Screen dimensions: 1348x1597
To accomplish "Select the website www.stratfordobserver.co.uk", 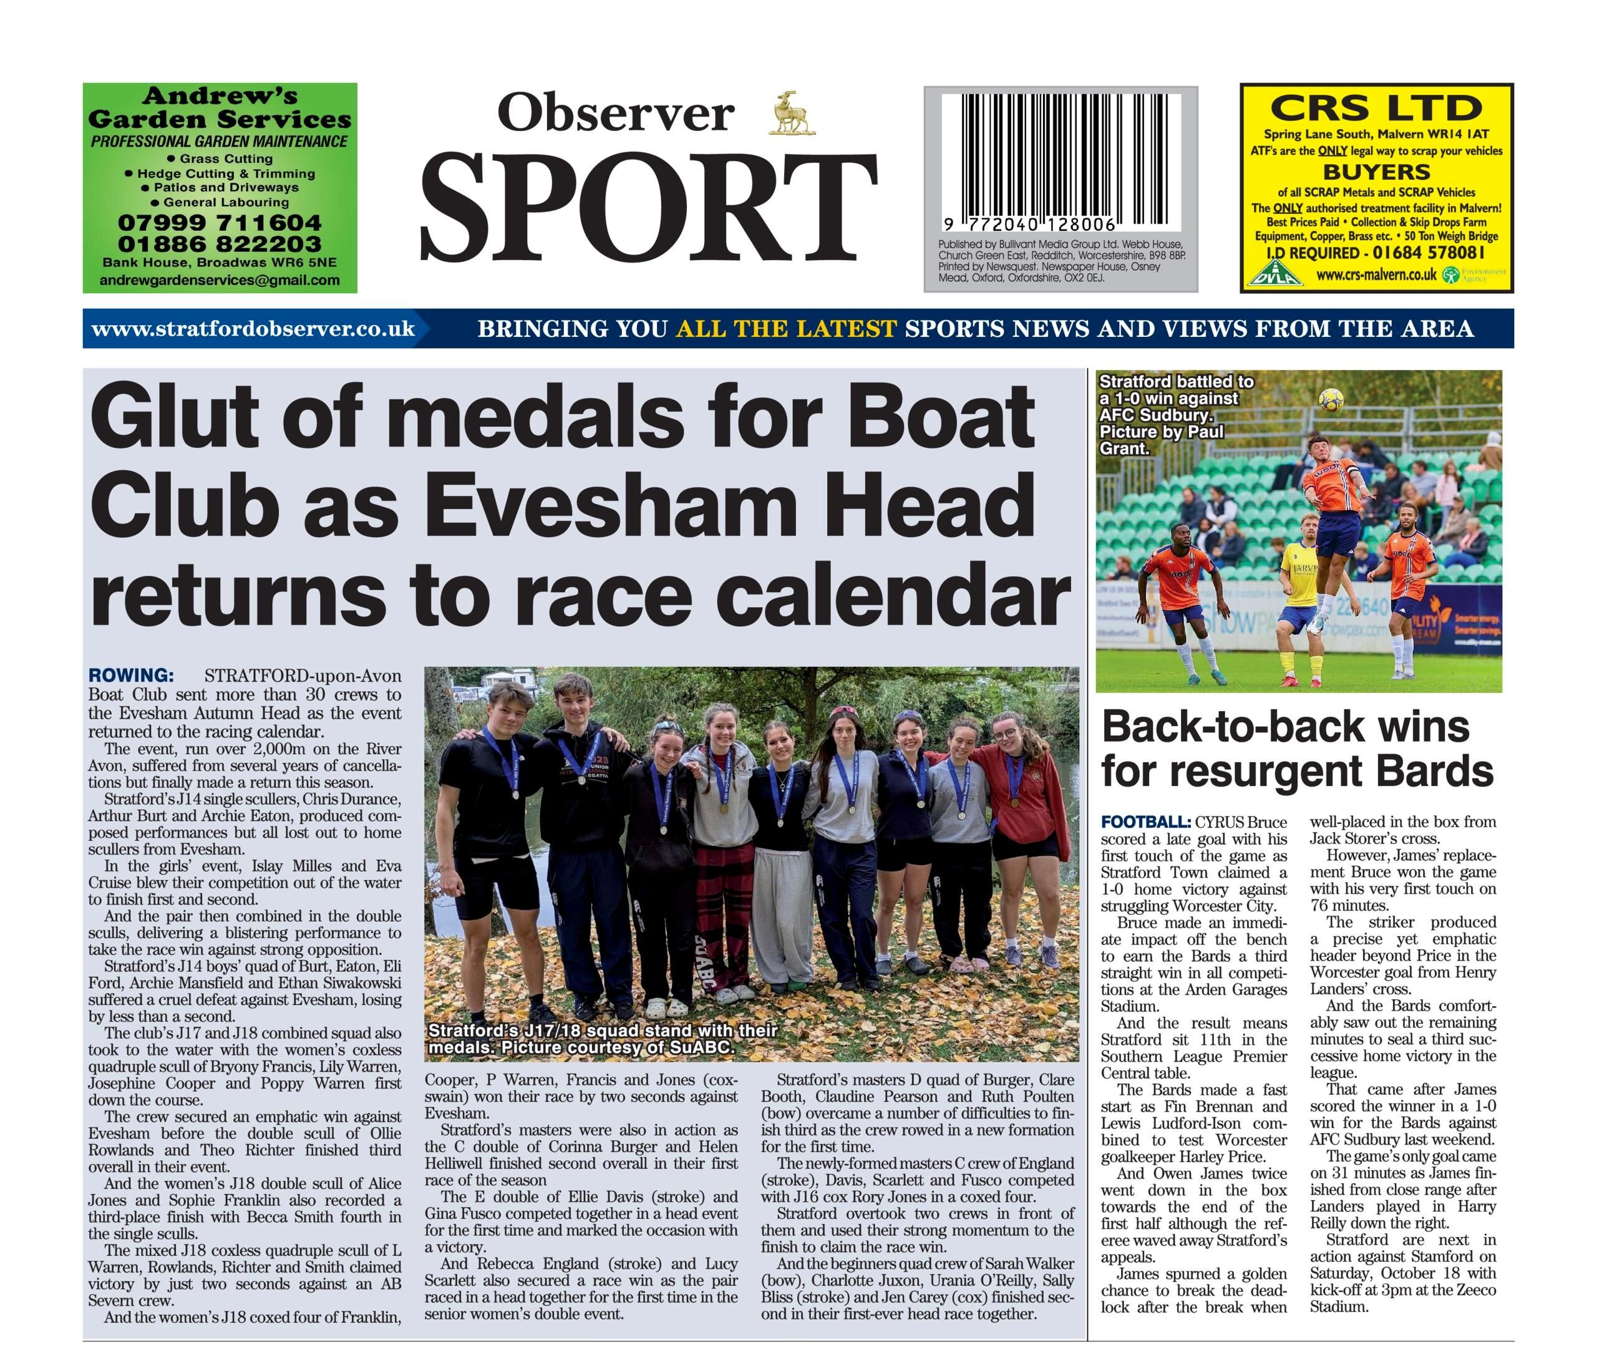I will (x=253, y=329).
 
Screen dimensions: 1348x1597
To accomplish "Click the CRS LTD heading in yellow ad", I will (x=1376, y=109).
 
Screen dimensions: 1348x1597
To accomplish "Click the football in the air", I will (x=1331, y=400).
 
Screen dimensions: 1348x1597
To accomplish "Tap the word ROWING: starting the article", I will (x=130, y=676).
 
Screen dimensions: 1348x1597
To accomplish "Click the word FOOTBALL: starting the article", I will (x=1145, y=822).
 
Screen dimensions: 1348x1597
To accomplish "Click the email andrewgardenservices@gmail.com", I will (x=220, y=279).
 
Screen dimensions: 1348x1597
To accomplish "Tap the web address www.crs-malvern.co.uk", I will (x=1376, y=275).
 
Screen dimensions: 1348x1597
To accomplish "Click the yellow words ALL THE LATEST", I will (x=785, y=329).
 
